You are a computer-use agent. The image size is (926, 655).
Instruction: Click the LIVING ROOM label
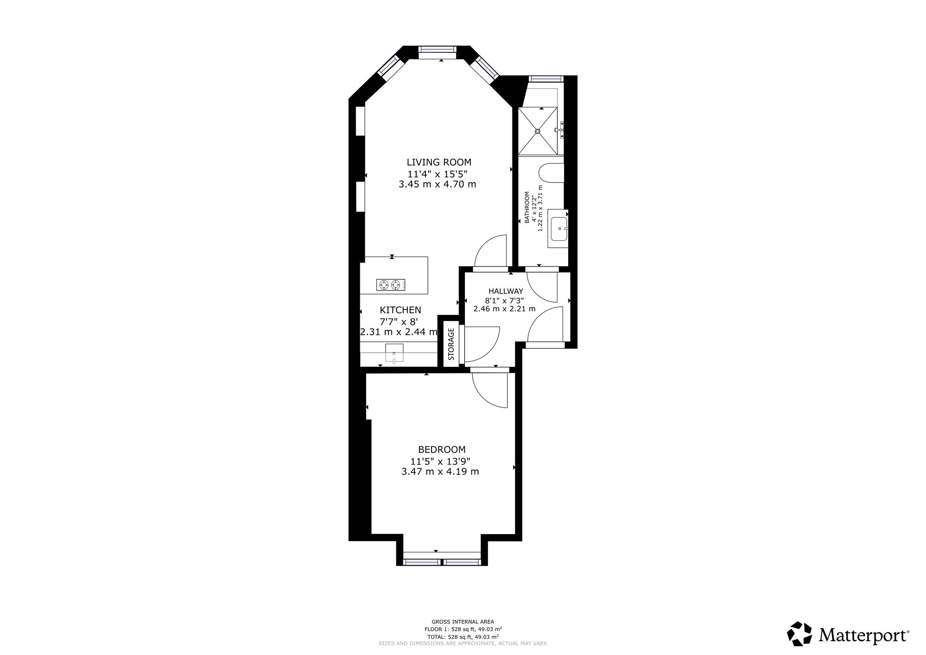click(439, 162)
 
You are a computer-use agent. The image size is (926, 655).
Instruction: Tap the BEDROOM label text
click(442, 449)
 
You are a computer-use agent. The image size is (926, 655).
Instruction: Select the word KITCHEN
click(400, 310)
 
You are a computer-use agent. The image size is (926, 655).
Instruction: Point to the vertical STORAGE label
click(451, 344)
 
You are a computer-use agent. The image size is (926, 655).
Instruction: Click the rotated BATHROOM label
click(527, 208)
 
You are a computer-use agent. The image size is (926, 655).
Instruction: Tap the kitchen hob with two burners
click(391, 285)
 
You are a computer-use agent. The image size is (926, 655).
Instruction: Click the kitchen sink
click(394, 353)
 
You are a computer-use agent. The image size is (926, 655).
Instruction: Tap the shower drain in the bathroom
click(538, 132)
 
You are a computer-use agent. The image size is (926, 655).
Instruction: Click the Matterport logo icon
click(800, 633)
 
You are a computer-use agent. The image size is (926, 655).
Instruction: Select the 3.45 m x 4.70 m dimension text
click(437, 184)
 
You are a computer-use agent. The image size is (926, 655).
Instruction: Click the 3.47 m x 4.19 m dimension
click(440, 472)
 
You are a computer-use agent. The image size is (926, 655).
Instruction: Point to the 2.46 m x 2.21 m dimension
click(504, 309)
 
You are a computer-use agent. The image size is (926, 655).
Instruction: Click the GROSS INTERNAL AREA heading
click(463, 622)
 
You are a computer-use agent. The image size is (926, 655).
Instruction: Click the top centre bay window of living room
click(438, 50)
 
